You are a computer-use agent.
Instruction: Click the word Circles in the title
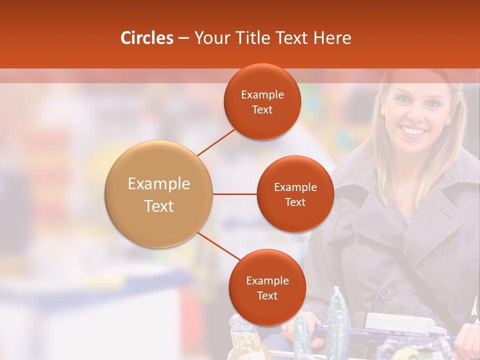pyautogui.click(x=147, y=38)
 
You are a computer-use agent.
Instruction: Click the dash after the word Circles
pyautogui.click(x=183, y=38)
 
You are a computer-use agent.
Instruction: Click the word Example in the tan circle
pyautogui.click(x=158, y=184)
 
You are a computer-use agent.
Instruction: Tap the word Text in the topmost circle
pyautogui.click(x=262, y=110)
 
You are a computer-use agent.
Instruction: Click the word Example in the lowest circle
pyautogui.click(x=267, y=281)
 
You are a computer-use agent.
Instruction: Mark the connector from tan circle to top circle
pyautogui.click(x=216, y=142)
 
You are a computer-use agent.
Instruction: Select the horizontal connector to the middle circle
pyautogui.click(x=234, y=194)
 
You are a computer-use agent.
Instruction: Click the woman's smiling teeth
pyautogui.click(x=413, y=131)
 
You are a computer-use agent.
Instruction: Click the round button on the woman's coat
pyautogui.click(x=386, y=292)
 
